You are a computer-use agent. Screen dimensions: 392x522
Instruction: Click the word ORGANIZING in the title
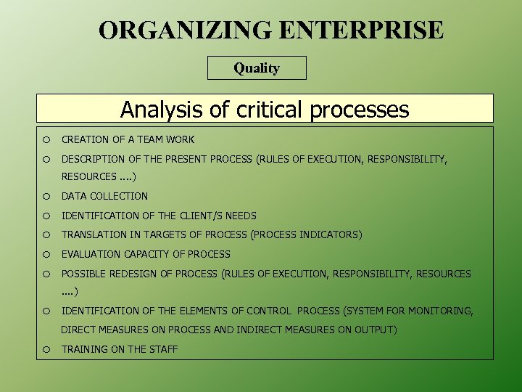click(x=184, y=30)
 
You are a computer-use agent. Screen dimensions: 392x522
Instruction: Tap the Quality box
click(x=257, y=68)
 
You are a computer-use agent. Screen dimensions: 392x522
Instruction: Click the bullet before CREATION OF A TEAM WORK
click(x=46, y=139)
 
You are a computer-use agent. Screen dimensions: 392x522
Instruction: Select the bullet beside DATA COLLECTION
click(x=46, y=196)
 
